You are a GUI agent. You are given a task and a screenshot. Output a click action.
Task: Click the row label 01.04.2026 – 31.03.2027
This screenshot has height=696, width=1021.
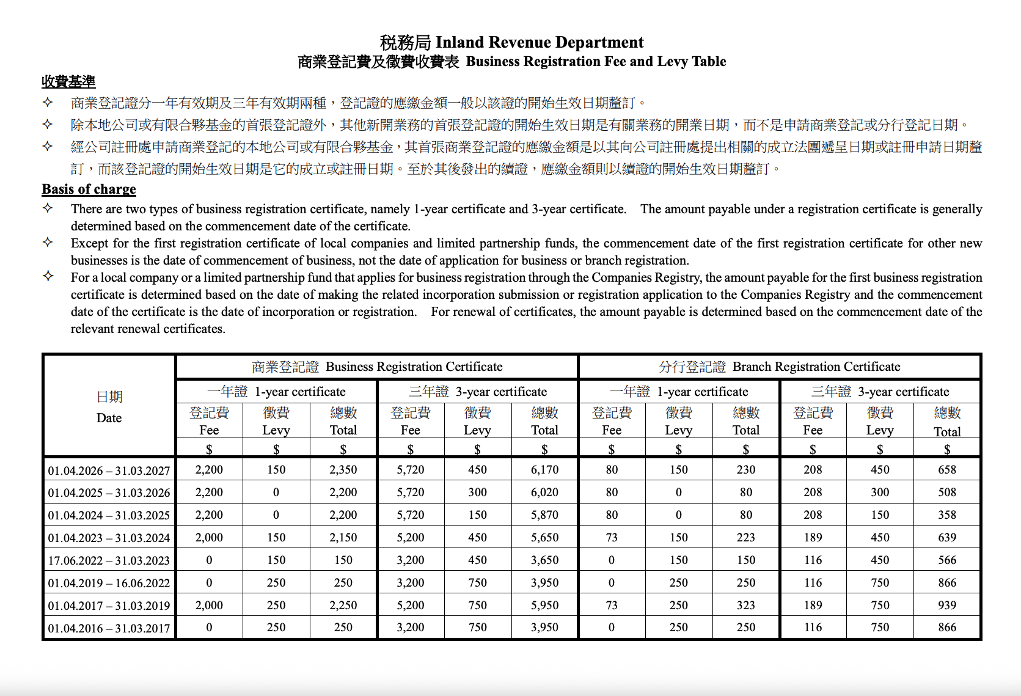tap(109, 471)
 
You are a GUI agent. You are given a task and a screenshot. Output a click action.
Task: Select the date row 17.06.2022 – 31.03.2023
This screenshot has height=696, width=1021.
tap(109, 560)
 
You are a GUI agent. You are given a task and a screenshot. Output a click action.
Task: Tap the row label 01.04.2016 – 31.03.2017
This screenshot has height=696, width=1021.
tap(109, 628)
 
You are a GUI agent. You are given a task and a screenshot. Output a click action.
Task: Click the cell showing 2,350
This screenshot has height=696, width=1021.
tap(343, 470)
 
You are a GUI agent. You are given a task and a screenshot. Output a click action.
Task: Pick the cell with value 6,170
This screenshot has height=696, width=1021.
tap(544, 470)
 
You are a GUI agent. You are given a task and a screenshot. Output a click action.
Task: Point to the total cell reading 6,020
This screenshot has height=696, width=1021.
tap(544, 493)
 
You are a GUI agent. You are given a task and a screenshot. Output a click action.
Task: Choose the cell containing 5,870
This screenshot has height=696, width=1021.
tap(544, 515)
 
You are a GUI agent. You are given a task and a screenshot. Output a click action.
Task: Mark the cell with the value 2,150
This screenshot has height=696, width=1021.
tap(343, 538)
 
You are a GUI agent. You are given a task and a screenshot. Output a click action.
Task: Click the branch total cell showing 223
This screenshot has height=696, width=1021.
tap(745, 538)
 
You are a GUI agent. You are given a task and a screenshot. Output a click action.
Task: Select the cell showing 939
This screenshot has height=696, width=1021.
tap(947, 605)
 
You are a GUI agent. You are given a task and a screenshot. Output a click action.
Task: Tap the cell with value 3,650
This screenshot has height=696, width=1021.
tap(544, 560)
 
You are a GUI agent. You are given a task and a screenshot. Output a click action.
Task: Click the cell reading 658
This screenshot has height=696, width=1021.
tap(947, 470)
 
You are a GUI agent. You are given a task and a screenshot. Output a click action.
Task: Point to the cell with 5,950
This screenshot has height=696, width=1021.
tap(544, 605)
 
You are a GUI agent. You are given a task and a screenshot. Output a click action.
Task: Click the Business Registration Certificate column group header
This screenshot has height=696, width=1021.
tap(377, 367)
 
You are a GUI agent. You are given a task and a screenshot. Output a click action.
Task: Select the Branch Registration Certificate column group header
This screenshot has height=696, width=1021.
tap(780, 367)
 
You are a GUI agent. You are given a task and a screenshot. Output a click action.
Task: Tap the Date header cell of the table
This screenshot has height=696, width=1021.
tap(109, 407)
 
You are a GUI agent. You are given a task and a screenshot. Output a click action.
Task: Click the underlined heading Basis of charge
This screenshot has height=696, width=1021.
tap(89, 189)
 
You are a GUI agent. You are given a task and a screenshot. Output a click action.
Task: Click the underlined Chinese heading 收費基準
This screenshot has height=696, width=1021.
tap(68, 82)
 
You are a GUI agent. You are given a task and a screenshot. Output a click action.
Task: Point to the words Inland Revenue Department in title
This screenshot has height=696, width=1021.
tap(539, 42)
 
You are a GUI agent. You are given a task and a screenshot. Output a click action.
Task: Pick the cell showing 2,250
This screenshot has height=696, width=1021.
tap(343, 605)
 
